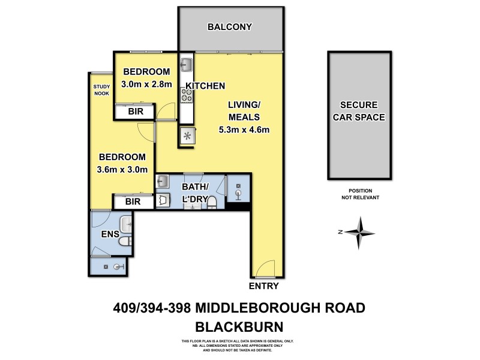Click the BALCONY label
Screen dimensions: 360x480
click(x=229, y=27)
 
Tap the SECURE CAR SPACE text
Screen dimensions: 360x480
click(x=359, y=110)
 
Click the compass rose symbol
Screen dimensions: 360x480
click(x=358, y=232)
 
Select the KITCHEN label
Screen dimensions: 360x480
click(x=205, y=86)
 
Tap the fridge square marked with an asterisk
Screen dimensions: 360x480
click(x=187, y=136)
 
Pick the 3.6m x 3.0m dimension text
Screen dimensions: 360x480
click(x=122, y=169)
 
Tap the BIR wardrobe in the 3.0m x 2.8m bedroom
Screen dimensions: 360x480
click(x=134, y=112)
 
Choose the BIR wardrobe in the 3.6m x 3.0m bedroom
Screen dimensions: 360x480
click(x=133, y=202)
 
